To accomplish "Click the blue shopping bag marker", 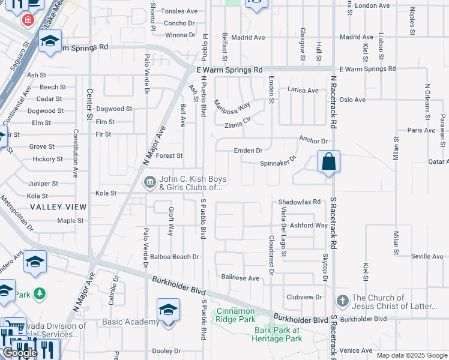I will [x=328, y=162].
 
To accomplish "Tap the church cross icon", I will [x=342, y=301].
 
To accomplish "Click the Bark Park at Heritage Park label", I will [x=278, y=334].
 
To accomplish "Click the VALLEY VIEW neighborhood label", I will [x=58, y=206].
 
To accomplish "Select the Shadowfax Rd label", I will [x=300, y=202].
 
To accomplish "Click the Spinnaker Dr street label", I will [x=279, y=162].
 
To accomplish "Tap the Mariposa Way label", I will [x=232, y=106].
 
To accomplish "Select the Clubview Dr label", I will [x=304, y=297].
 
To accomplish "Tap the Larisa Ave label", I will [x=303, y=91].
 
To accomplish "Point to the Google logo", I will [x=20, y=353].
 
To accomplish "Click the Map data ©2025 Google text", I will [x=411, y=355].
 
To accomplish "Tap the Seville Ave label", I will [x=427, y=256].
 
